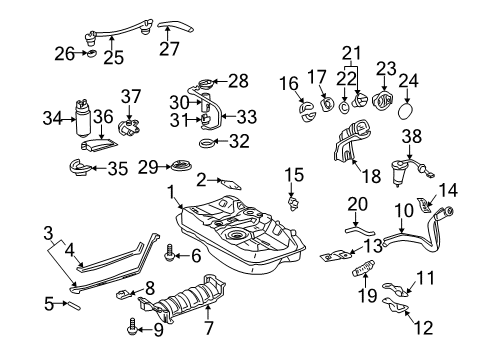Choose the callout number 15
coord(292,177)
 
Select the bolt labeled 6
coord(169,255)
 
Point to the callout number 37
coord(128,95)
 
